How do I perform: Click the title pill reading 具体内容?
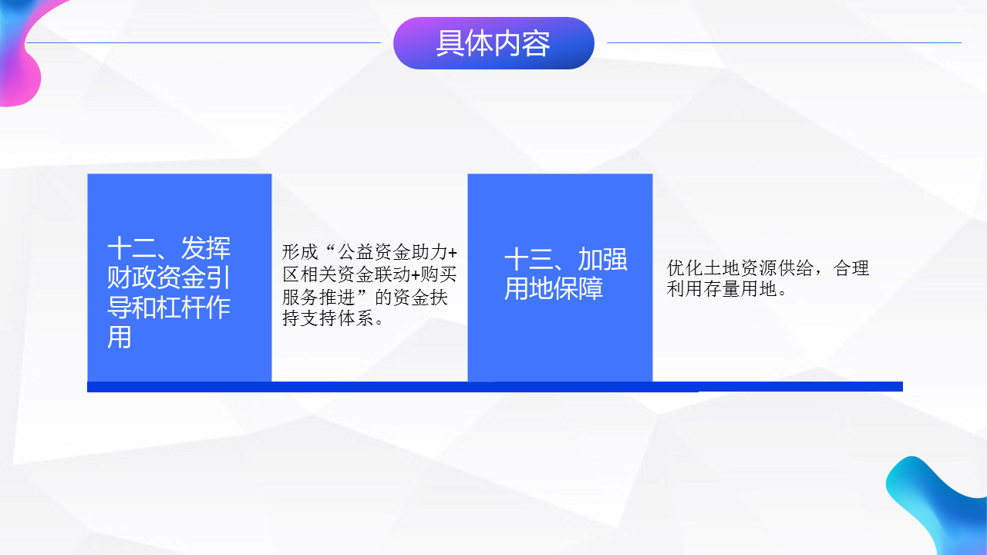[493, 43]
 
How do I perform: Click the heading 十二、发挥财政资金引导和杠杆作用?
[169, 292]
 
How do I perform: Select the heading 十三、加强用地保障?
[566, 274]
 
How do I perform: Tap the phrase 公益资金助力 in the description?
[392, 252]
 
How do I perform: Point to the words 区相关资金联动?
[346, 274]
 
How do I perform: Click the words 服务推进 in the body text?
[318, 297]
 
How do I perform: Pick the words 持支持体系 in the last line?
[328, 318]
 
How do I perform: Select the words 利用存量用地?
[722, 289]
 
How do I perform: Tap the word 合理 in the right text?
[851, 267]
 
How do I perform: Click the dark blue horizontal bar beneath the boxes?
[495, 387]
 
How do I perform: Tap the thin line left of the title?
[203, 42]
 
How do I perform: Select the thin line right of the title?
[784, 42]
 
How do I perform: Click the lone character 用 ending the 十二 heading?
[120, 337]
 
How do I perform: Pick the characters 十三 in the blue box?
[529, 259]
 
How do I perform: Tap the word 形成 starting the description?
[300, 252]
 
